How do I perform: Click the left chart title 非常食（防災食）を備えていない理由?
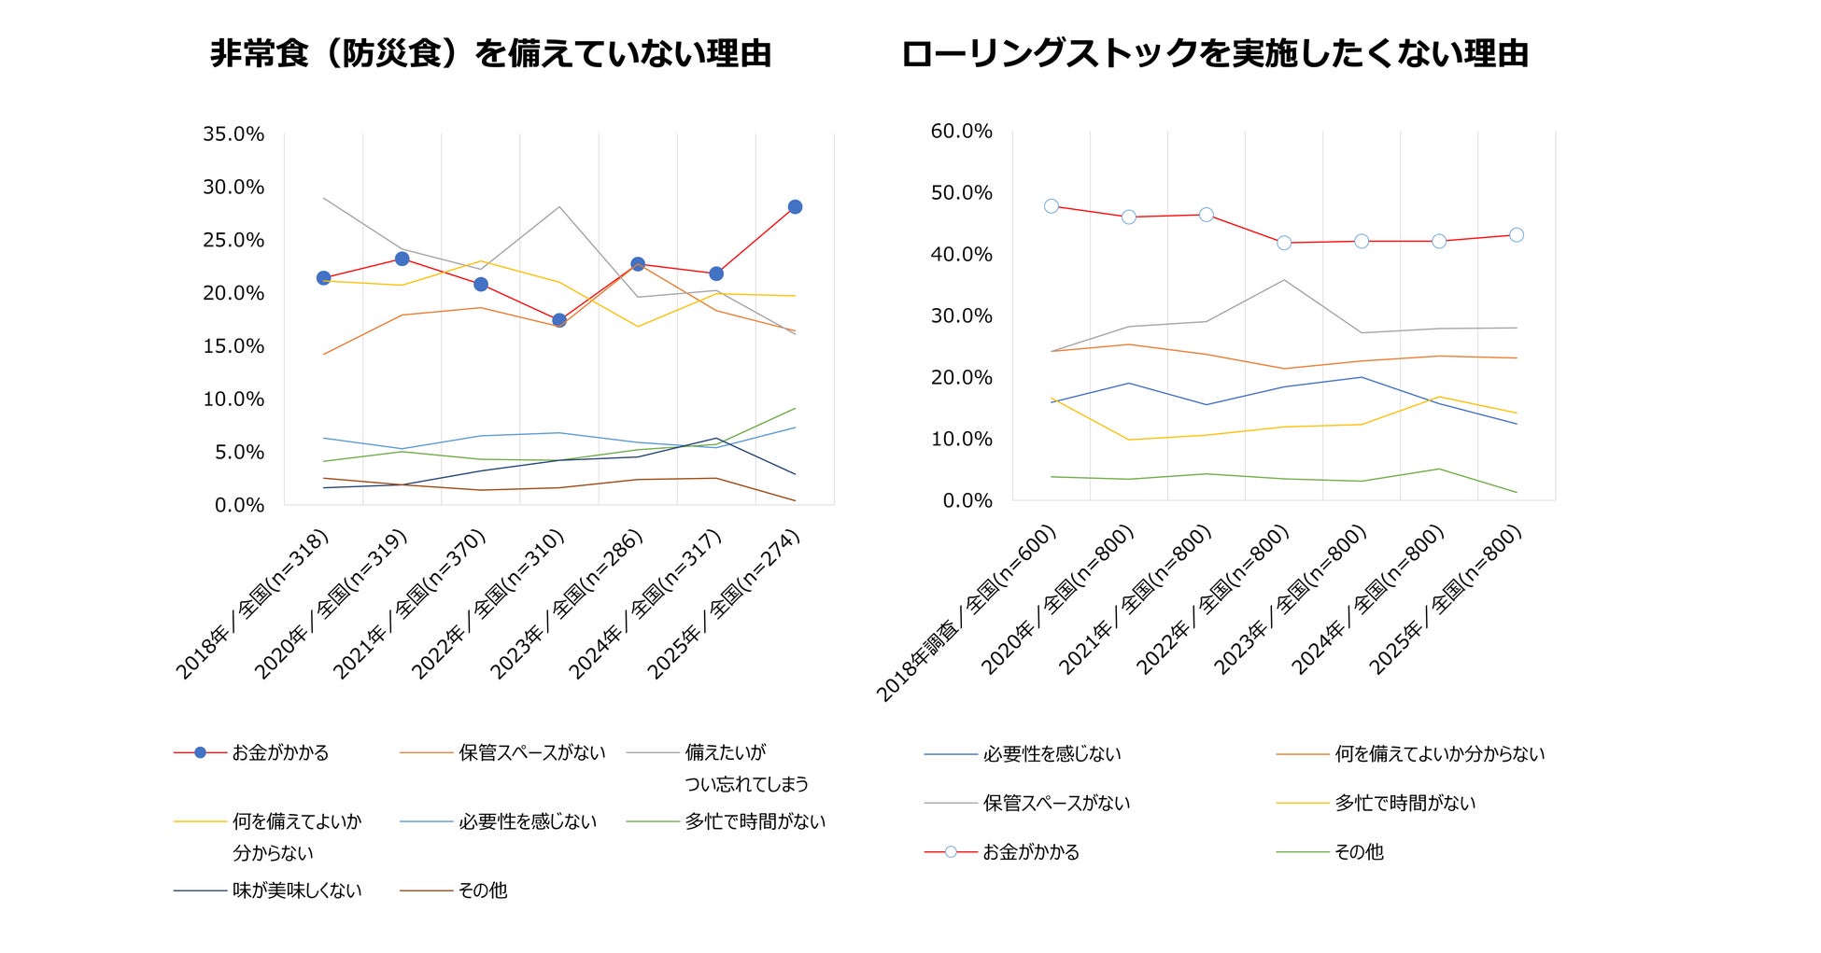tap(490, 54)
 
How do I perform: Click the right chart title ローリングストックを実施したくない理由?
tap(1214, 54)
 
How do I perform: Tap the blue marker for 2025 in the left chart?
tap(795, 207)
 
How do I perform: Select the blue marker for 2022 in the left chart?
tap(559, 320)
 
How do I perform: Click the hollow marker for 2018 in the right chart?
tap(1052, 206)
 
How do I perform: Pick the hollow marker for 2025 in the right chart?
tap(1517, 235)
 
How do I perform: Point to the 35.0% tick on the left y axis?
tap(233, 134)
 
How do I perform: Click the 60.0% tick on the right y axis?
tap(961, 132)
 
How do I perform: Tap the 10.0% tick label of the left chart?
tap(233, 399)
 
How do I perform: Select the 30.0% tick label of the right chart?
tap(961, 316)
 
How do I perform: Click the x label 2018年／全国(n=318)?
tap(252, 605)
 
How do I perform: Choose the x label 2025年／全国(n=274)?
tap(725, 605)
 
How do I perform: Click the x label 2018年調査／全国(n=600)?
tap(967, 614)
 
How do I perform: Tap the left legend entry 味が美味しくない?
tap(296, 890)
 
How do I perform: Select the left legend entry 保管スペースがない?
tap(531, 752)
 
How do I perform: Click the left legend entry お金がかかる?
tap(280, 752)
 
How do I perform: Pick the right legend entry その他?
tap(1359, 851)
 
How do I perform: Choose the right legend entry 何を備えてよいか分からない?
tap(1439, 753)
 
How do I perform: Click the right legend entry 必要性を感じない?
tap(1052, 753)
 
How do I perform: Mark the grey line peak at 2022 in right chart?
tap(1284, 280)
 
